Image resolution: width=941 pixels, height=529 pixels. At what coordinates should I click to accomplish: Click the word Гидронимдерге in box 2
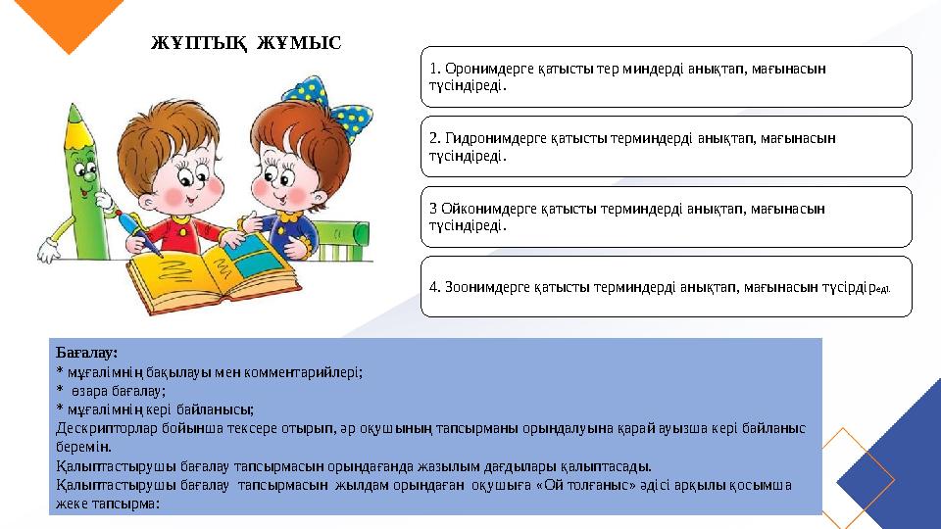click(x=491, y=138)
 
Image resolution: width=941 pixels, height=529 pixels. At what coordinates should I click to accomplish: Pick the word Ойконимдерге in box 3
click(x=486, y=209)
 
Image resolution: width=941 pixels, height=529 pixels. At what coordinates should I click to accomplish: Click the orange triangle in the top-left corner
click(x=64, y=24)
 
